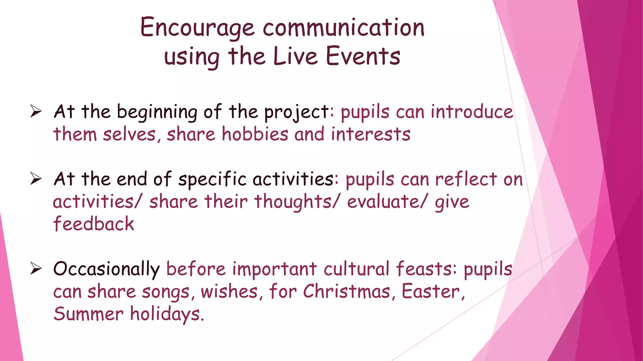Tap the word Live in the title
pyautogui.click(x=295, y=56)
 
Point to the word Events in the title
pyautogui.click(x=363, y=56)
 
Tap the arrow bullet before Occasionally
pyautogui.click(x=36, y=269)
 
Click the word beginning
pyautogui.click(x=157, y=112)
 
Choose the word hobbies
pyautogui.click(x=255, y=134)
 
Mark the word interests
pyautogui.click(x=370, y=134)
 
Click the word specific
pyautogui.click(x=212, y=180)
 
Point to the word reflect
pyautogui.click(x=466, y=179)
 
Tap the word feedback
pyautogui.click(x=94, y=224)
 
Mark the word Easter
pyautogui.click(x=432, y=291)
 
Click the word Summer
pyautogui.click(x=88, y=314)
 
